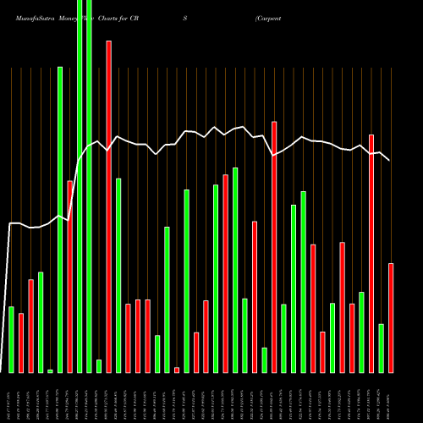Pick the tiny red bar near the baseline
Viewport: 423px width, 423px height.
pos(177,370)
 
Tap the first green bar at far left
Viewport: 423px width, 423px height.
pos(12,339)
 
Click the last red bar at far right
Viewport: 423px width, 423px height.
pos(391,318)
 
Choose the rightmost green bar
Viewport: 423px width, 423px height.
pos(382,348)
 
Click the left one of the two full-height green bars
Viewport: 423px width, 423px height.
pos(80,186)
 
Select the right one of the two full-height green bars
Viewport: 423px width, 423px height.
pos(89,186)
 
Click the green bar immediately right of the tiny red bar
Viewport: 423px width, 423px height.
pos(186,281)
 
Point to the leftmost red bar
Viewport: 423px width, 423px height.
pos(21,343)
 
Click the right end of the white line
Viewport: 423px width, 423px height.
pos(389,160)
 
